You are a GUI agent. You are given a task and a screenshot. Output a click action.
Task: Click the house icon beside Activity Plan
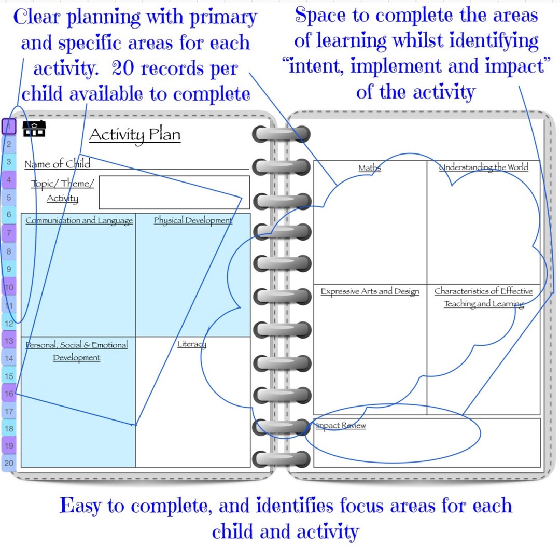34,129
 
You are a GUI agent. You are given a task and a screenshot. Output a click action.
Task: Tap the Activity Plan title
135,135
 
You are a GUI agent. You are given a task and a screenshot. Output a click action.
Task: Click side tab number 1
9,126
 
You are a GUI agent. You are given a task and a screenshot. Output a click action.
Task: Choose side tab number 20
9,463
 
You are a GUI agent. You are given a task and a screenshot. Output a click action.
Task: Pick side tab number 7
9,233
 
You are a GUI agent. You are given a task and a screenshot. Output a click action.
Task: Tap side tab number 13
9,341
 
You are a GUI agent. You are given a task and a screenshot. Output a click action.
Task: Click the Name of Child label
57,164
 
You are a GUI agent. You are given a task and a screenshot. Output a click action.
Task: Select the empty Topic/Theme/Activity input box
174,192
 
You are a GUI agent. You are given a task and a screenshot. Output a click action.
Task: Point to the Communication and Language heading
79,220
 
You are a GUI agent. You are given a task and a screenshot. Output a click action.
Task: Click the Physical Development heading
193,220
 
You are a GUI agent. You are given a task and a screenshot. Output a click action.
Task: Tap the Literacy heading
192,344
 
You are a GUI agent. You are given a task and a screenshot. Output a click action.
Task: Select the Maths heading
370,167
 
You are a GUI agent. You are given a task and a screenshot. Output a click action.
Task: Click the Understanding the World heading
483,167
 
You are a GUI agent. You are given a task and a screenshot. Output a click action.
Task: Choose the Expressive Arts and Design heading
370,291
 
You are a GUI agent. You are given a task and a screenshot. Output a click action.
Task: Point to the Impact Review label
341,425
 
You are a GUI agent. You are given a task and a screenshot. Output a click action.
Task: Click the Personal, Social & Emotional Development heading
77,351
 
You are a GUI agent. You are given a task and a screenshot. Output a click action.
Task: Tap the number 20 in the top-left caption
122,68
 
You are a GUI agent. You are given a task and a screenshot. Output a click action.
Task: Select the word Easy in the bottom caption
85,506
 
